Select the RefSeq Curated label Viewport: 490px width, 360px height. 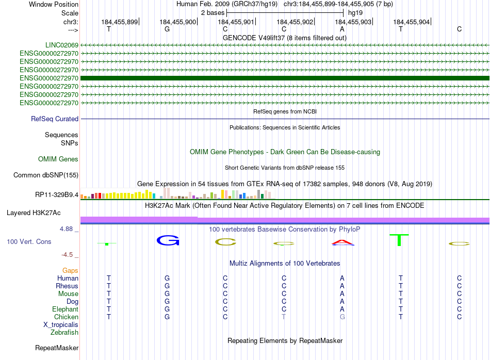click(x=55, y=119)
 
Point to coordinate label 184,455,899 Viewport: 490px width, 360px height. click(x=120, y=22)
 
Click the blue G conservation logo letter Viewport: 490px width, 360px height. click(x=167, y=240)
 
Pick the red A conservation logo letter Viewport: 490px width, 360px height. click(x=342, y=242)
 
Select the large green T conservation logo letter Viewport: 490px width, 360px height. click(x=400, y=240)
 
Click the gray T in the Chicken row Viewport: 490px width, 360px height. click(x=284, y=317)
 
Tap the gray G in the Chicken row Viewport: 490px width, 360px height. click(x=342, y=317)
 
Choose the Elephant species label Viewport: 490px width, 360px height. click(x=65, y=309)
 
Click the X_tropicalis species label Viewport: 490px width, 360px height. click(x=61, y=324)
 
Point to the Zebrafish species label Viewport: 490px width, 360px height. click(x=64, y=332)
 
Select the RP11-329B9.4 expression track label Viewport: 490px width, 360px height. click(x=57, y=194)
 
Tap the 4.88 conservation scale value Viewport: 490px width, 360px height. click(x=69, y=229)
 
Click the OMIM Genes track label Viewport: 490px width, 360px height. click(x=58, y=159)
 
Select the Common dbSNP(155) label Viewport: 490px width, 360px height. click(x=46, y=175)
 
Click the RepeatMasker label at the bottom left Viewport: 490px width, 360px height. click(x=57, y=348)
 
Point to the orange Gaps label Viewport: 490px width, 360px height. click(x=70, y=270)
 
